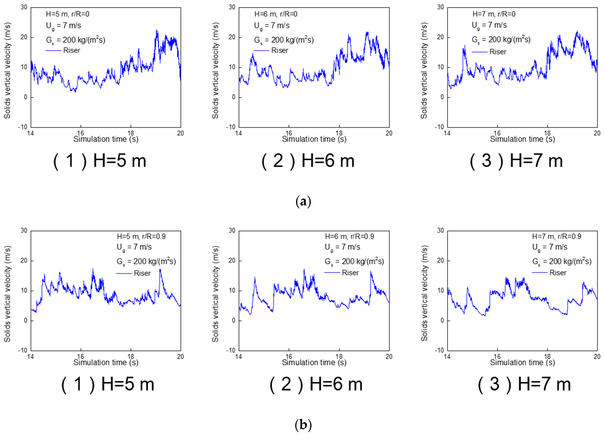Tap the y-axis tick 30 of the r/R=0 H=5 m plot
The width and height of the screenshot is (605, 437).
point(24,7)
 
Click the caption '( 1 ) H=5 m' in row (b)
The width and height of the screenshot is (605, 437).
point(108,384)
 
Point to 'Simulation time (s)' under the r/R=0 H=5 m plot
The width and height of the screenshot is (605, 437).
point(106,139)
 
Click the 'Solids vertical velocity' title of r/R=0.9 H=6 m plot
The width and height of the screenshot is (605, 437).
point(215,294)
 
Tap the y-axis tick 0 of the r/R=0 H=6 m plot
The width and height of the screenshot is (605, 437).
point(233,97)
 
